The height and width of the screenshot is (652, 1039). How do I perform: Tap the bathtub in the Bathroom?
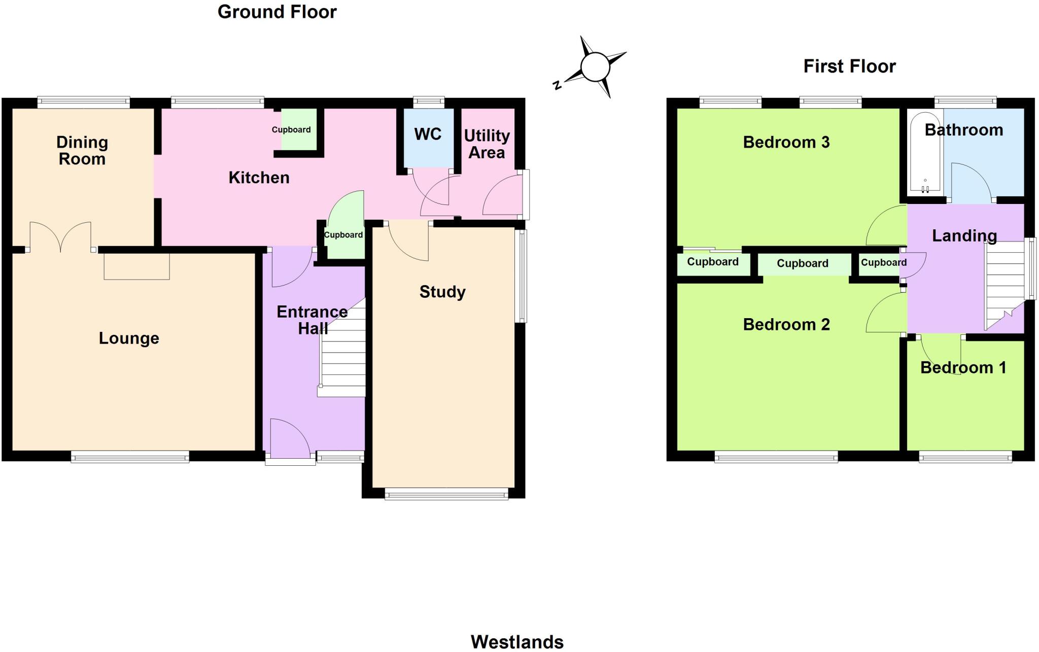[x=925, y=152]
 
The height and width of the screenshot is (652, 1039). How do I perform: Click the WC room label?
[x=428, y=134]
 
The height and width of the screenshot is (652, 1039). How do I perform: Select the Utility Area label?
[x=487, y=144]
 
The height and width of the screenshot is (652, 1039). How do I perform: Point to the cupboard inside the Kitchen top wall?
[x=298, y=130]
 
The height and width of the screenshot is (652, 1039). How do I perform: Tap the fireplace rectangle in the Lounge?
[x=136, y=266]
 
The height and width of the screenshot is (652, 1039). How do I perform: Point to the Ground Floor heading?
[x=277, y=12]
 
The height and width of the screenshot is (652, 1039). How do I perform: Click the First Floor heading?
[x=849, y=66]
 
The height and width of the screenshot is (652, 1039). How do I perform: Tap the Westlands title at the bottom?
[x=517, y=642]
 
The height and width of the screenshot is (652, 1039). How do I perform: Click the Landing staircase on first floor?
[x=1005, y=284]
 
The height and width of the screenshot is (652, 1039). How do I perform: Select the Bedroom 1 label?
[x=963, y=367]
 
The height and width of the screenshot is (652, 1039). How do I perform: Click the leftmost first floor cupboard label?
[x=712, y=262]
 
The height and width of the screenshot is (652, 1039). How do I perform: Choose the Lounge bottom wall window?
[x=130, y=458]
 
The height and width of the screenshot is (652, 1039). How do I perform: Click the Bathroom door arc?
[x=970, y=183]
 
